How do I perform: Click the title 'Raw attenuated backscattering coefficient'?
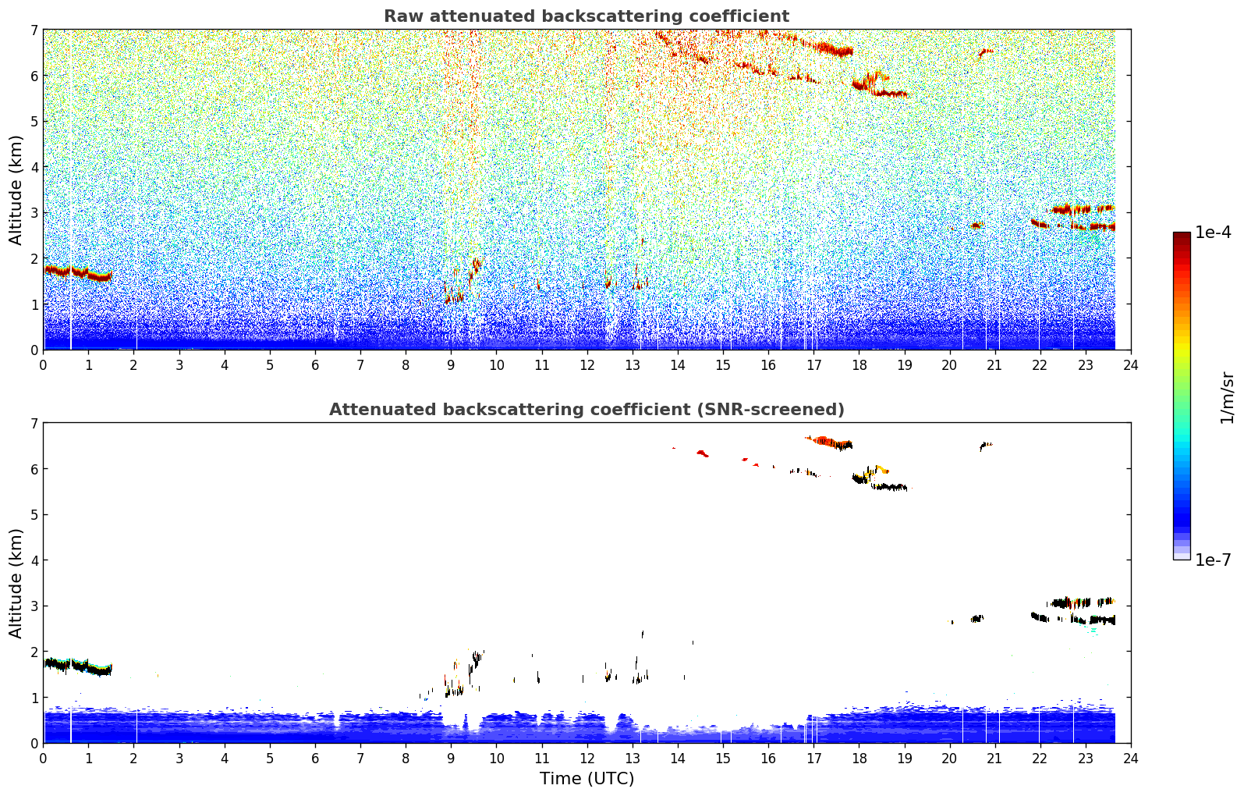(x=587, y=16)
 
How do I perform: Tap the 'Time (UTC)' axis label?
(x=587, y=779)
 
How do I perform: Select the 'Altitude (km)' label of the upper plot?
(x=16, y=190)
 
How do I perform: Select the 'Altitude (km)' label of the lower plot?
(x=16, y=583)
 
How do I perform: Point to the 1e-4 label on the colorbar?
(x=1213, y=233)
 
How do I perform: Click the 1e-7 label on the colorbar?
(x=1213, y=560)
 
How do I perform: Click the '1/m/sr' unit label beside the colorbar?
(x=1227, y=398)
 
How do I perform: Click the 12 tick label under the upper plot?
(x=587, y=365)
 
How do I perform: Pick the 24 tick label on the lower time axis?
(x=1131, y=759)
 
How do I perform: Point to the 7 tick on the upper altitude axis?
(x=34, y=30)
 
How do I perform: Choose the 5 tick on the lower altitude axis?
(x=34, y=515)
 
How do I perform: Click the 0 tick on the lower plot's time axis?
(x=44, y=759)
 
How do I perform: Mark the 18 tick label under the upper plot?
(x=859, y=365)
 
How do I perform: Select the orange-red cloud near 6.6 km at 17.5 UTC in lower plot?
(x=828, y=442)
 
